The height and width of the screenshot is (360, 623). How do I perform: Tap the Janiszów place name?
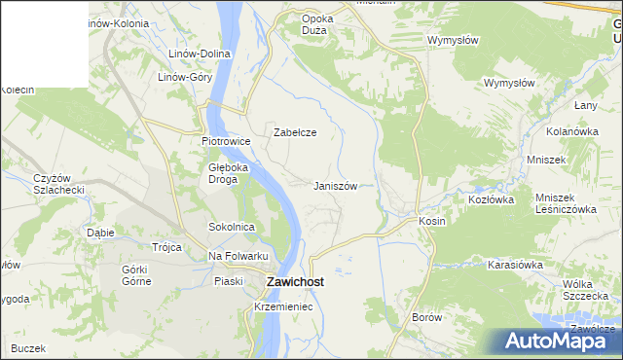pos(341,186)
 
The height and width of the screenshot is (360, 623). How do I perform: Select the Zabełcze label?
pos(295,132)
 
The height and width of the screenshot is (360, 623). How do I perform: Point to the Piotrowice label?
pos(226,141)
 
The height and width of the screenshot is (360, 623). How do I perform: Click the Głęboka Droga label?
pos(230,173)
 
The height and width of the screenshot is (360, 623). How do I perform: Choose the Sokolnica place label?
pos(232,227)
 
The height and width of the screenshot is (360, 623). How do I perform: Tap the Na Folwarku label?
pos(238,256)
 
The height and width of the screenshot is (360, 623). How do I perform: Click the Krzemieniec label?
pos(282,306)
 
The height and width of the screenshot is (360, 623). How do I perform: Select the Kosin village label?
pos(432,221)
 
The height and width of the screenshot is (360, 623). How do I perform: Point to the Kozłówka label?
pos(491,198)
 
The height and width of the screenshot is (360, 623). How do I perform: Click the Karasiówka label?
pos(514,264)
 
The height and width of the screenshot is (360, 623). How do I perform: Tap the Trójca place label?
pos(166,247)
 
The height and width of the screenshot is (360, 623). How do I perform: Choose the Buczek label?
pos(29,348)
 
